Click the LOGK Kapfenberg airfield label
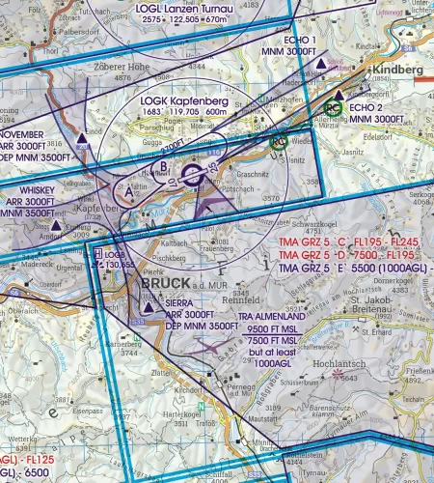tap(185, 99)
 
